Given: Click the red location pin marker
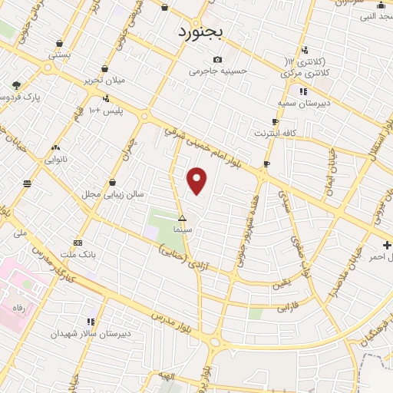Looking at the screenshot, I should coord(197,180).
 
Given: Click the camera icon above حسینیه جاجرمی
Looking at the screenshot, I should coord(218,60).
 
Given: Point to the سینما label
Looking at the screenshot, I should coord(182,229).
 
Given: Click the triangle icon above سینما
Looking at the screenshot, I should coord(182,218).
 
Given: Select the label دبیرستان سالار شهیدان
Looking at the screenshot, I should coord(91,333).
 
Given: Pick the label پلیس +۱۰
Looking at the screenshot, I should coord(105,111).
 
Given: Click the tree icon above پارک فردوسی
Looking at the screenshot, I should coord(16,85).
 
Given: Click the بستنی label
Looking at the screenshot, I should coord(60,55).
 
